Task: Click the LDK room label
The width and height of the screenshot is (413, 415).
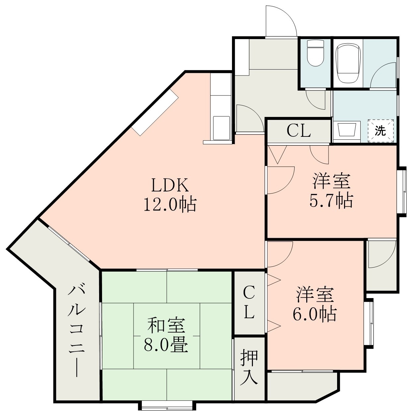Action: tap(170, 186)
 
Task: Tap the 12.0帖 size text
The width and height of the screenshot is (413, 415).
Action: tap(169, 205)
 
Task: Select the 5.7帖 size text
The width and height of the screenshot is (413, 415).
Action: tap(331, 201)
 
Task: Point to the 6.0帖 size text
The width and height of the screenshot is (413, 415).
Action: tap(314, 314)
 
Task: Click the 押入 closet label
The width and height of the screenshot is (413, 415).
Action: tap(249, 368)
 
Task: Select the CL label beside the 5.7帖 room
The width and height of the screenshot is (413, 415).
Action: tap(299, 131)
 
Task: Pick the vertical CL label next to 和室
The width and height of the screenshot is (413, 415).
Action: tap(249, 302)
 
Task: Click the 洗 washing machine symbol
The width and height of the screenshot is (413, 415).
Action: tap(380, 131)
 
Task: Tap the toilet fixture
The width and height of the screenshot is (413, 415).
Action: tap(315, 53)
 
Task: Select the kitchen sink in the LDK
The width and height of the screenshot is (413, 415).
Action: tap(221, 128)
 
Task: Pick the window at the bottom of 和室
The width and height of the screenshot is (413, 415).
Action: tap(167, 405)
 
